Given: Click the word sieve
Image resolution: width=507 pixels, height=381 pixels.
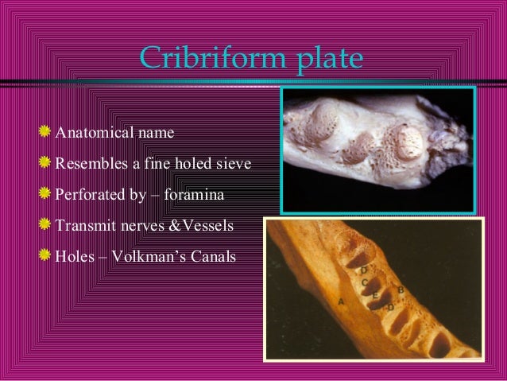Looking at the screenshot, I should [x=233, y=164].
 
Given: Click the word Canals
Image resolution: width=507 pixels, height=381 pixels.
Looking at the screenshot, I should [x=214, y=259].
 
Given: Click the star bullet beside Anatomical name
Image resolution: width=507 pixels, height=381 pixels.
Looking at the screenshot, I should [x=46, y=130].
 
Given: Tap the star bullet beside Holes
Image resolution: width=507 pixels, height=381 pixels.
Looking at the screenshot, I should [x=46, y=258].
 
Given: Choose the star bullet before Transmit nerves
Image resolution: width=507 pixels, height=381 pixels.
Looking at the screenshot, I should [x=46, y=226].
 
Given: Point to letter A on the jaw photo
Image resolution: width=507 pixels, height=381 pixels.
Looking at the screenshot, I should [x=340, y=301].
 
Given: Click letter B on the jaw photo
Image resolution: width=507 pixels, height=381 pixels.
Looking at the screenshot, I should [x=401, y=290].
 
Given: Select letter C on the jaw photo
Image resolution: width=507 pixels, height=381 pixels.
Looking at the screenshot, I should [x=364, y=282].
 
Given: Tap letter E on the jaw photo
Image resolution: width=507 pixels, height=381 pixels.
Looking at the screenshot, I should [x=375, y=295].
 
